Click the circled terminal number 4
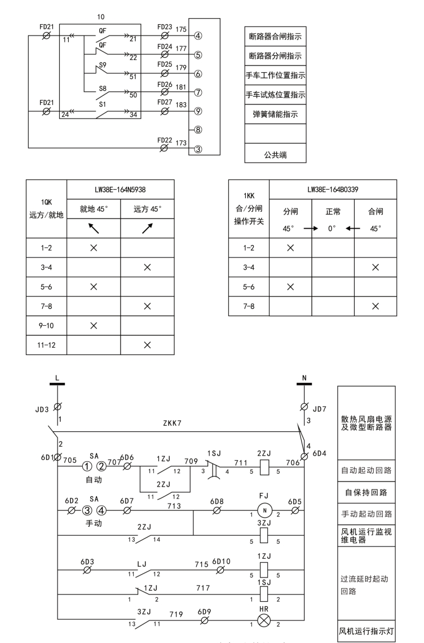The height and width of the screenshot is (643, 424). [198, 36]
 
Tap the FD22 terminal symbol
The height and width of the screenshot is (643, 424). [164, 148]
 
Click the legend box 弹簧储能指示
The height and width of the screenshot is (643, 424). [275, 115]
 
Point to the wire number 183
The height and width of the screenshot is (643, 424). [181, 104]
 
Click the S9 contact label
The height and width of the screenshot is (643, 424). [103, 65]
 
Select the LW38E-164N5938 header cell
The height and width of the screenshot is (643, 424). [121, 190]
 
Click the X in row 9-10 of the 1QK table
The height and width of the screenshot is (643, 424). [94, 326]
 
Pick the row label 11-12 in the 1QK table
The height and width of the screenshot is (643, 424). [46, 345]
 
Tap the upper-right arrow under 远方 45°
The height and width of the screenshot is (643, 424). [148, 228]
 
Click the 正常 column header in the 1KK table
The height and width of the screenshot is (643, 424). [333, 212]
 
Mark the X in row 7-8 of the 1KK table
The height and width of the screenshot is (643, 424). [376, 307]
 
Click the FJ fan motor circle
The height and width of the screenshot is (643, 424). [264, 510]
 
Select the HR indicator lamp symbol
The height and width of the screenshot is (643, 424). [263, 621]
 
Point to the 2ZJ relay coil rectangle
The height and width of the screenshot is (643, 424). [264, 467]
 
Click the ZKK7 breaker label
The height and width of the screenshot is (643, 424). [172, 423]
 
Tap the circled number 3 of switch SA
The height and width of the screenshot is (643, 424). [87, 510]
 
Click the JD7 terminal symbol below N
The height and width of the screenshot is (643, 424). [304, 407]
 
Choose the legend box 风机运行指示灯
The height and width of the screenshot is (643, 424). [366, 631]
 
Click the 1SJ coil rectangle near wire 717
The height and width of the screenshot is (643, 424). [264, 593]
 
